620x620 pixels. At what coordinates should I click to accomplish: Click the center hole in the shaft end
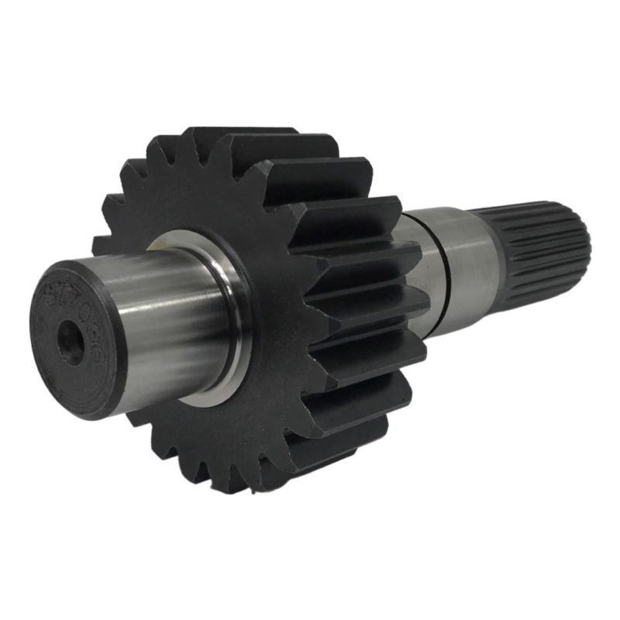pos(71,341)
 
